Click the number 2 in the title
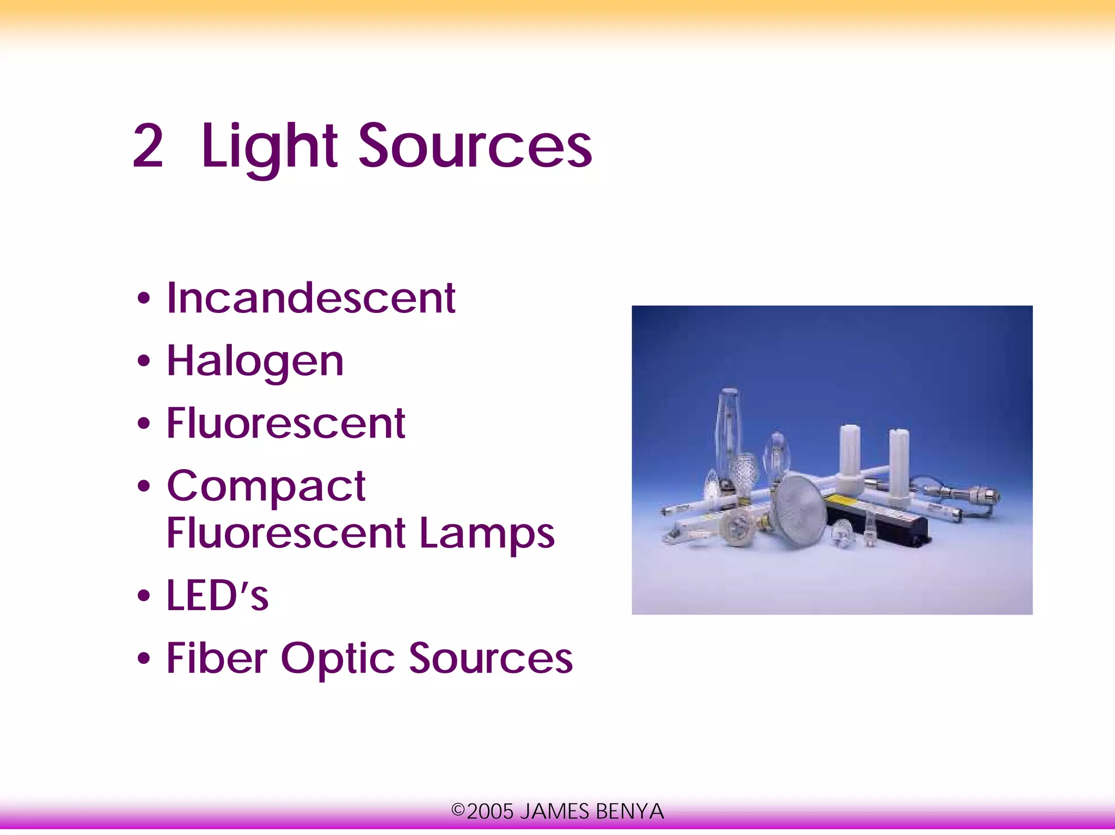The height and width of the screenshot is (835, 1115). (148, 146)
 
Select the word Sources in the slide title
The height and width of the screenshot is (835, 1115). (475, 146)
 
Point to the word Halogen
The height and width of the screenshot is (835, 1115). (255, 361)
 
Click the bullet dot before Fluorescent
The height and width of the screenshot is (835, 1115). (143, 423)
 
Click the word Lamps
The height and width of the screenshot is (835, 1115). (487, 533)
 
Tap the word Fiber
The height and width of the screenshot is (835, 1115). (216, 658)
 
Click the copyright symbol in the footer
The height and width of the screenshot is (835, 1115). (458, 811)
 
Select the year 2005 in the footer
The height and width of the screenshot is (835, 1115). (490, 812)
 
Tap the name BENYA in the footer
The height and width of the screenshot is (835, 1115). (629, 812)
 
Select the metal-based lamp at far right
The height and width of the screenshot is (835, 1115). (980, 495)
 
